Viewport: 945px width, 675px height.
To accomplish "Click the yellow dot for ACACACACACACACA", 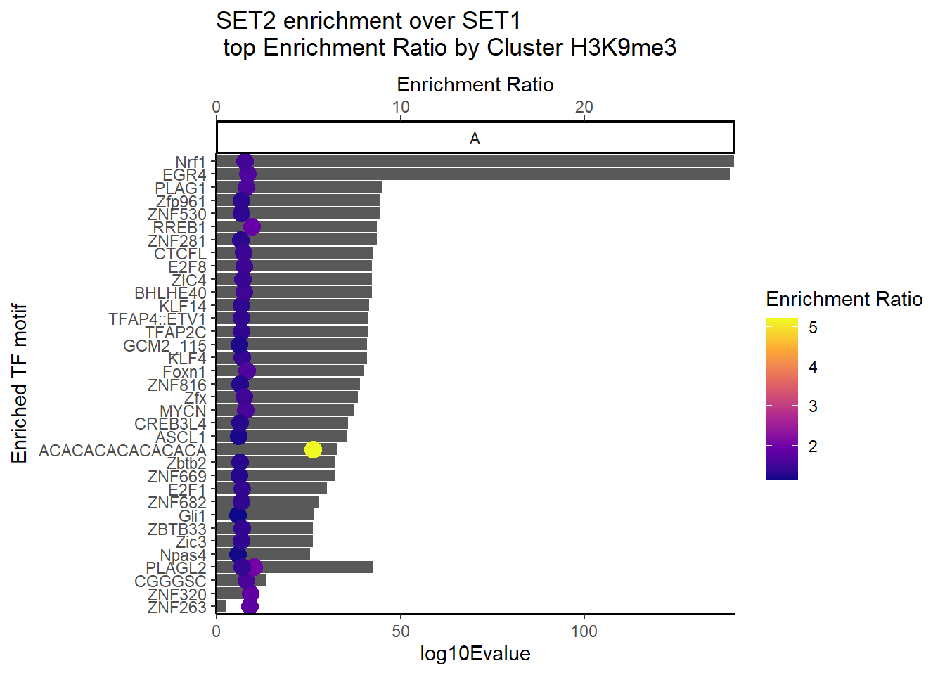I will tap(313, 449).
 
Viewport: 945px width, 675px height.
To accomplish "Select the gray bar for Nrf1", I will tap(492, 161).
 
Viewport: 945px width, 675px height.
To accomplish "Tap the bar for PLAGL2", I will tap(316, 567).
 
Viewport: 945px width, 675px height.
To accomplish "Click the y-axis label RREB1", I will tap(180, 228).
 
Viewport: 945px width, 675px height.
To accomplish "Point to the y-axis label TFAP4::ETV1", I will tap(157, 319).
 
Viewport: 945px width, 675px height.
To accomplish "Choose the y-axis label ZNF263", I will tap(177, 607).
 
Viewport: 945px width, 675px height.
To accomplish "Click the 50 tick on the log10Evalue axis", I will tap(401, 631).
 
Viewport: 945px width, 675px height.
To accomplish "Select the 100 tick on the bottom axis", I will tap(584, 631).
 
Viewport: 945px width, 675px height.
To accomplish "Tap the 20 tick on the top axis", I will tap(584, 107).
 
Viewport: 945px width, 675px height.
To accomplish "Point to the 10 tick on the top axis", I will tap(401, 107).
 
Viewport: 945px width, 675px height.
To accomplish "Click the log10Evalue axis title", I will tap(475, 654).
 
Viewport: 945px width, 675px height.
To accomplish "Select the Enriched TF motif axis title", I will tap(20, 383).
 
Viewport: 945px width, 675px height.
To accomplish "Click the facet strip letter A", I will tap(475, 139).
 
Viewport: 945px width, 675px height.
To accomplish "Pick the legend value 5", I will tap(813, 328).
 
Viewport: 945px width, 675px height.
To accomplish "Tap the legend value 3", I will tap(813, 406).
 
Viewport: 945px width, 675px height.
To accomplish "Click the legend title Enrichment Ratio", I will tap(844, 300).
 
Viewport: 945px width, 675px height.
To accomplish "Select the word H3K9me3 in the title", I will tap(623, 48).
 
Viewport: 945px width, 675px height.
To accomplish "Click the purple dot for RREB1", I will tap(252, 226).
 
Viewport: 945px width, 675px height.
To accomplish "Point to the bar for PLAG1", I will tap(316, 188).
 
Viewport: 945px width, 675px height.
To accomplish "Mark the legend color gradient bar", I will tap(782, 399).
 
